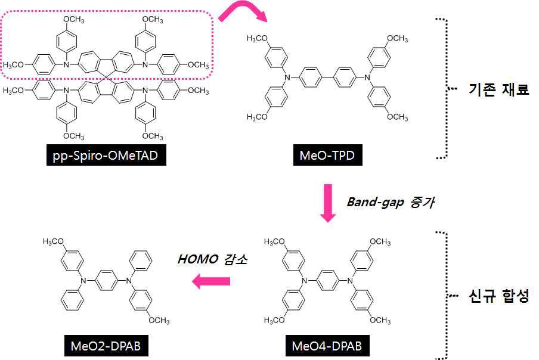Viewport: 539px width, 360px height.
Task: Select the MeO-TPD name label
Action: [x=327, y=157]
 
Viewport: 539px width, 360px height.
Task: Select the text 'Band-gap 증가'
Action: [x=391, y=203]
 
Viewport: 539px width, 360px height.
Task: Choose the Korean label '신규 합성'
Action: [x=498, y=296]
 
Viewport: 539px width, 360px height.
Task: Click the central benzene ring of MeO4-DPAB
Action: [x=327, y=280]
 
